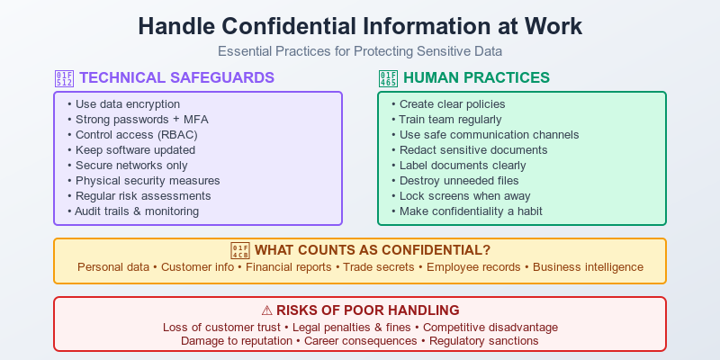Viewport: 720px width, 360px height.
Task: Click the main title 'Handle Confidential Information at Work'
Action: coord(360,26)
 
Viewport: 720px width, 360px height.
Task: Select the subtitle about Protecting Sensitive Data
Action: coord(360,51)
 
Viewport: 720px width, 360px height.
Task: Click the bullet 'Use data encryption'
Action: coord(127,104)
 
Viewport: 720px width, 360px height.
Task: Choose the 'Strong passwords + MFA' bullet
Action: coord(140,120)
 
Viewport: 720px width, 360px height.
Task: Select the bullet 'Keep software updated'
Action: coord(136,150)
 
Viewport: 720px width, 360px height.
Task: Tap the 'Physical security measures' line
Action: coord(148,180)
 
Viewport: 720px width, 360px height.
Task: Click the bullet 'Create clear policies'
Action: coord(452,104)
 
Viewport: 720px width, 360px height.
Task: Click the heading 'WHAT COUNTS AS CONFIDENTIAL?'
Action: coord(372,249)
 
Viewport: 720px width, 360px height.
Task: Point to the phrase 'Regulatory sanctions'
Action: coord(483,341)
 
